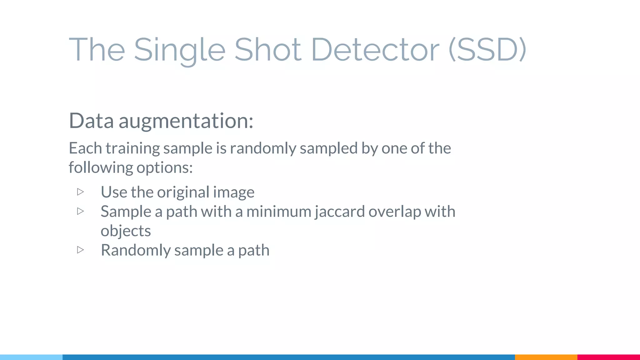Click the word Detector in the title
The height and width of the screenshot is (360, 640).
(375, 49)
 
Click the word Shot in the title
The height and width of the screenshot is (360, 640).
(268, 49)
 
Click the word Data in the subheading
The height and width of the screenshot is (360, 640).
(91, 121)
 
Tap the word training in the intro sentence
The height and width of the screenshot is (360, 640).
(132, 148)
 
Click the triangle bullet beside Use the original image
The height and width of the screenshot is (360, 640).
(80, 192)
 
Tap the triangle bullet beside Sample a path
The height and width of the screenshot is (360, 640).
(80, 211)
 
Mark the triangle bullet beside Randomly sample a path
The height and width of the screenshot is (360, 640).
(80, 250)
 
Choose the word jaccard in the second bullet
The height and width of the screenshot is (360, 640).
(340, 212)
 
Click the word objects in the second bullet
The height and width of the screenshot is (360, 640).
(126, 231)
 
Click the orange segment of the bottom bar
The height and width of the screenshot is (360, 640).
(546, 357)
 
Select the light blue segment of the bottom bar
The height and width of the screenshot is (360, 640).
(31, 357)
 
